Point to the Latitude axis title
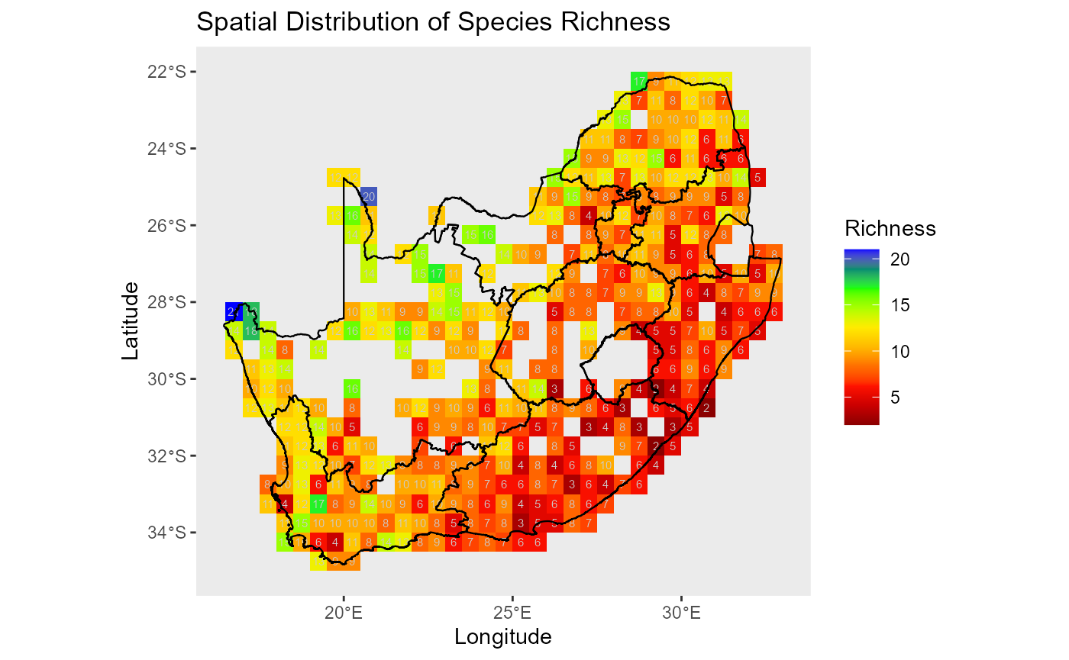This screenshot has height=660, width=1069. point(131,320)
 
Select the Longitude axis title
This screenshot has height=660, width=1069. point(502,636)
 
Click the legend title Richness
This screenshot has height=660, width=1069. point(890,228)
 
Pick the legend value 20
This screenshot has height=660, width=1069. point(900,259)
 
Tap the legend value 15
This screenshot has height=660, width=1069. point(900,305)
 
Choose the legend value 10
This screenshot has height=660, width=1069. point(900,352)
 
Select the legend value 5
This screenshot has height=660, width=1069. point(896,398)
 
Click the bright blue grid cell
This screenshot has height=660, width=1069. point(234,311)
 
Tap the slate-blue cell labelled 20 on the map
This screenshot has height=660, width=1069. point(369,196)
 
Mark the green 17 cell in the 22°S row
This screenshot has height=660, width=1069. point(639,80)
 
